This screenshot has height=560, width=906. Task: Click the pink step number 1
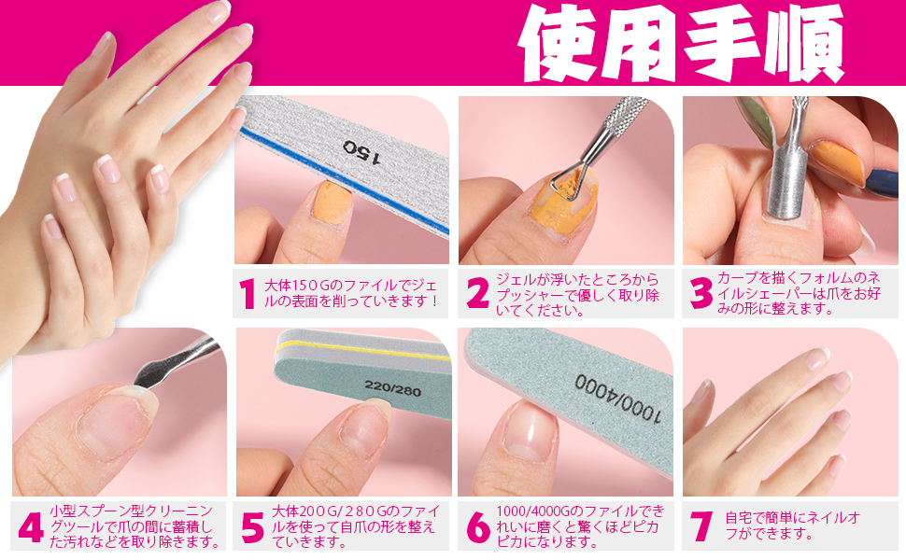[x=248, y=293]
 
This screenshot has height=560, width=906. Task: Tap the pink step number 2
[x=478, y=293]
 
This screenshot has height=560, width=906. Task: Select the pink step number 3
[x=701, y=293]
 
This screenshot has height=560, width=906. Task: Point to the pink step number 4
[x=31, y=527]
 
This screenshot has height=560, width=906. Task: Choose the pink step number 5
[x=252, y=527]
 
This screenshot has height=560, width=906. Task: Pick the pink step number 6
[x=478, y=527]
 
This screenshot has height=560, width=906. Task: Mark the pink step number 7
[x=701, y=526]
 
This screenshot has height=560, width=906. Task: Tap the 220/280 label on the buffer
[x=392, y=388]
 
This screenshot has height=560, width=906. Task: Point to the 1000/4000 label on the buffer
[x=619, y=398]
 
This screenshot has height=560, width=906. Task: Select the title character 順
[x=804, y=43]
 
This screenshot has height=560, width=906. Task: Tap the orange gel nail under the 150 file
[x=332, y=202]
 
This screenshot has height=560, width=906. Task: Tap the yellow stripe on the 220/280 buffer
[x=363, y=351]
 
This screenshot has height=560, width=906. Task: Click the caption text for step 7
[x=792, y=526]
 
